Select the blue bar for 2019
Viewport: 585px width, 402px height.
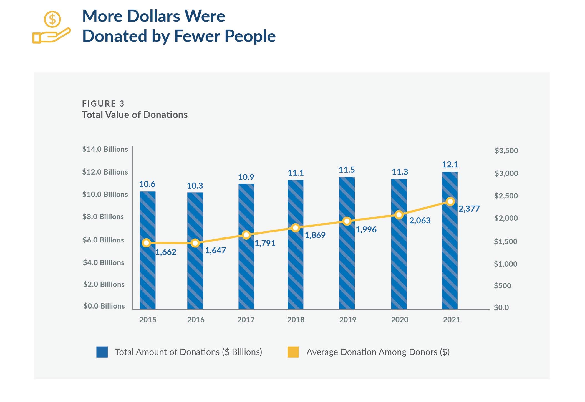tap(347, 266)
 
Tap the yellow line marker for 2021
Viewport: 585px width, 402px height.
tap(450, 202)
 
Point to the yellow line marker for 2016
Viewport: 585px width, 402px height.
tap(195, 243)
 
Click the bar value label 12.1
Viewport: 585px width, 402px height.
tap(450, 165)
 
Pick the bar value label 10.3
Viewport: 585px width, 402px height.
tap(195, 186)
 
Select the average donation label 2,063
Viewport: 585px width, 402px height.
tap(420, 221)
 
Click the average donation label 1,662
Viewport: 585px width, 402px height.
tap(166, 252)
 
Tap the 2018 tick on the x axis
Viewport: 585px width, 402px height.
tap(296, 320)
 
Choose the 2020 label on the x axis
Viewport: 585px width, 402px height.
tap(399, 320)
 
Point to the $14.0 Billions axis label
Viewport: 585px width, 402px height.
tap(105, 149)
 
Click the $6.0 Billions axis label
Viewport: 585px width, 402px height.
tap(103, 240)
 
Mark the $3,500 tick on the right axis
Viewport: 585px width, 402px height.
tap(506, 151)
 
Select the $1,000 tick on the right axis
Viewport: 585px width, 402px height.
tap(505, 264)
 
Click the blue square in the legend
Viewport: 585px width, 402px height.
tap(102, 352)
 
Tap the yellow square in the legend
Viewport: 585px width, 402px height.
tap(293, 352)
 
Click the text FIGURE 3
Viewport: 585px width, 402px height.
tap(103, 103)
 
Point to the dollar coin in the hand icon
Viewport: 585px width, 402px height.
tap(52, 19)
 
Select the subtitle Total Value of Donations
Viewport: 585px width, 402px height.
tap(135, 115)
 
